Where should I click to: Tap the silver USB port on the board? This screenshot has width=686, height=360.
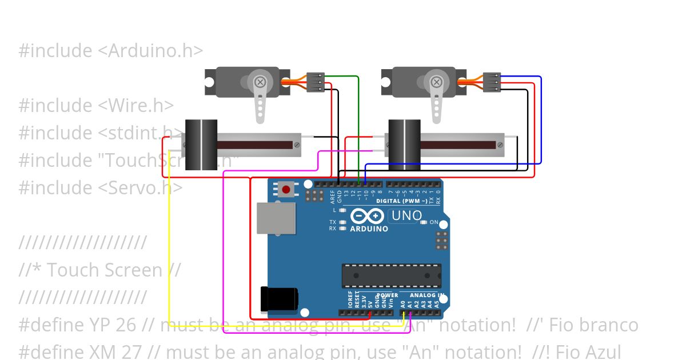point(276,218)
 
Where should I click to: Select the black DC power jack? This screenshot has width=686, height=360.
point(279,299)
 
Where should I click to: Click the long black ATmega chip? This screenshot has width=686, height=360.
point(391,275)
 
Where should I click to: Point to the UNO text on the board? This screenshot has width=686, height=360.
point(406,216)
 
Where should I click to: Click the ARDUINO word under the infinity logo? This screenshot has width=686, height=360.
point(369,229)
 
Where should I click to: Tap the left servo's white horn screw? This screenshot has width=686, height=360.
point(260,82)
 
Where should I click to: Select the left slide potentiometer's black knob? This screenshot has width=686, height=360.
point(201,145)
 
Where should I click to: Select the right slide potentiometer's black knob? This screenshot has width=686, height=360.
point(404,145)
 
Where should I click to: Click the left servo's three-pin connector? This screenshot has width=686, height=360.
point(316,82)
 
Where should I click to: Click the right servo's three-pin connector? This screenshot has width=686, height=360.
point(492,82)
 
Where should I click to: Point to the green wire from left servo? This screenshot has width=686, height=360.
point(358,126)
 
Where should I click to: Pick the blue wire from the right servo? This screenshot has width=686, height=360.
point(541,120)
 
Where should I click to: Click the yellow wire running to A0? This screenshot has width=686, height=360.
point(169,257)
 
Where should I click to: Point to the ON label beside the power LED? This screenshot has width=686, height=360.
point(434,222)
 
